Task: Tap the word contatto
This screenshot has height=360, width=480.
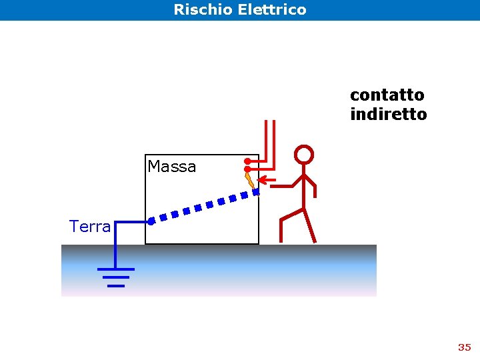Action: [387, 95]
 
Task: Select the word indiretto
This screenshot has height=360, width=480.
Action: [388, 115]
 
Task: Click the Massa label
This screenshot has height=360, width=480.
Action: [171, 167]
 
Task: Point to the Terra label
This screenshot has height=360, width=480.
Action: [90, 227]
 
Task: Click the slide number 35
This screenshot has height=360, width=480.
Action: [464, 347]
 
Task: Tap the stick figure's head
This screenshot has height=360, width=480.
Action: [304, 155]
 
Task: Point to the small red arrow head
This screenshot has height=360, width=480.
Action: [262, 179]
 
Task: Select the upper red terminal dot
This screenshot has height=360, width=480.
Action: [247, 161]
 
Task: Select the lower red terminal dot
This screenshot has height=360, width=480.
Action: [247, 169]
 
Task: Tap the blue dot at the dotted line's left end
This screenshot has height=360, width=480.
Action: [152, 219]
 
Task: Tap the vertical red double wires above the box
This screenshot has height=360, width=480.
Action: [269, 140]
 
